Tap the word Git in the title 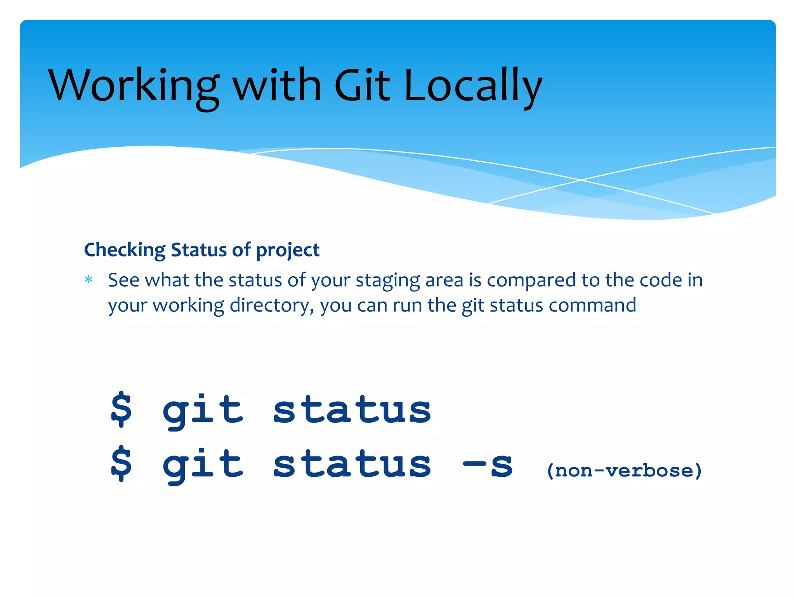pyautogui.click(x=362, y=86)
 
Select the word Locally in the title pyautogui.click(x=473, y=86)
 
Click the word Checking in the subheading pyautogui.click(x=125, y=250)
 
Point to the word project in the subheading pyautogui.click(x=288, y=250)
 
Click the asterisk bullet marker pyautogui.click(x=89, y=279)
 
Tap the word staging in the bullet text pyautogui.click(x=387, y=281)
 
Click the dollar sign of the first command pyautogui.click(x=121, y=409)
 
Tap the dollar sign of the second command pyautogui.click(x=121, y=464)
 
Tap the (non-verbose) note pyautogui.click(x=624, y=471)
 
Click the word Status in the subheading pyautogui.click(x=199, y=250)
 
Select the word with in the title pyautogui.click(x=277, y=86)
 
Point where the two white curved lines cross pyautogui.click(x=581, y=180)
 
